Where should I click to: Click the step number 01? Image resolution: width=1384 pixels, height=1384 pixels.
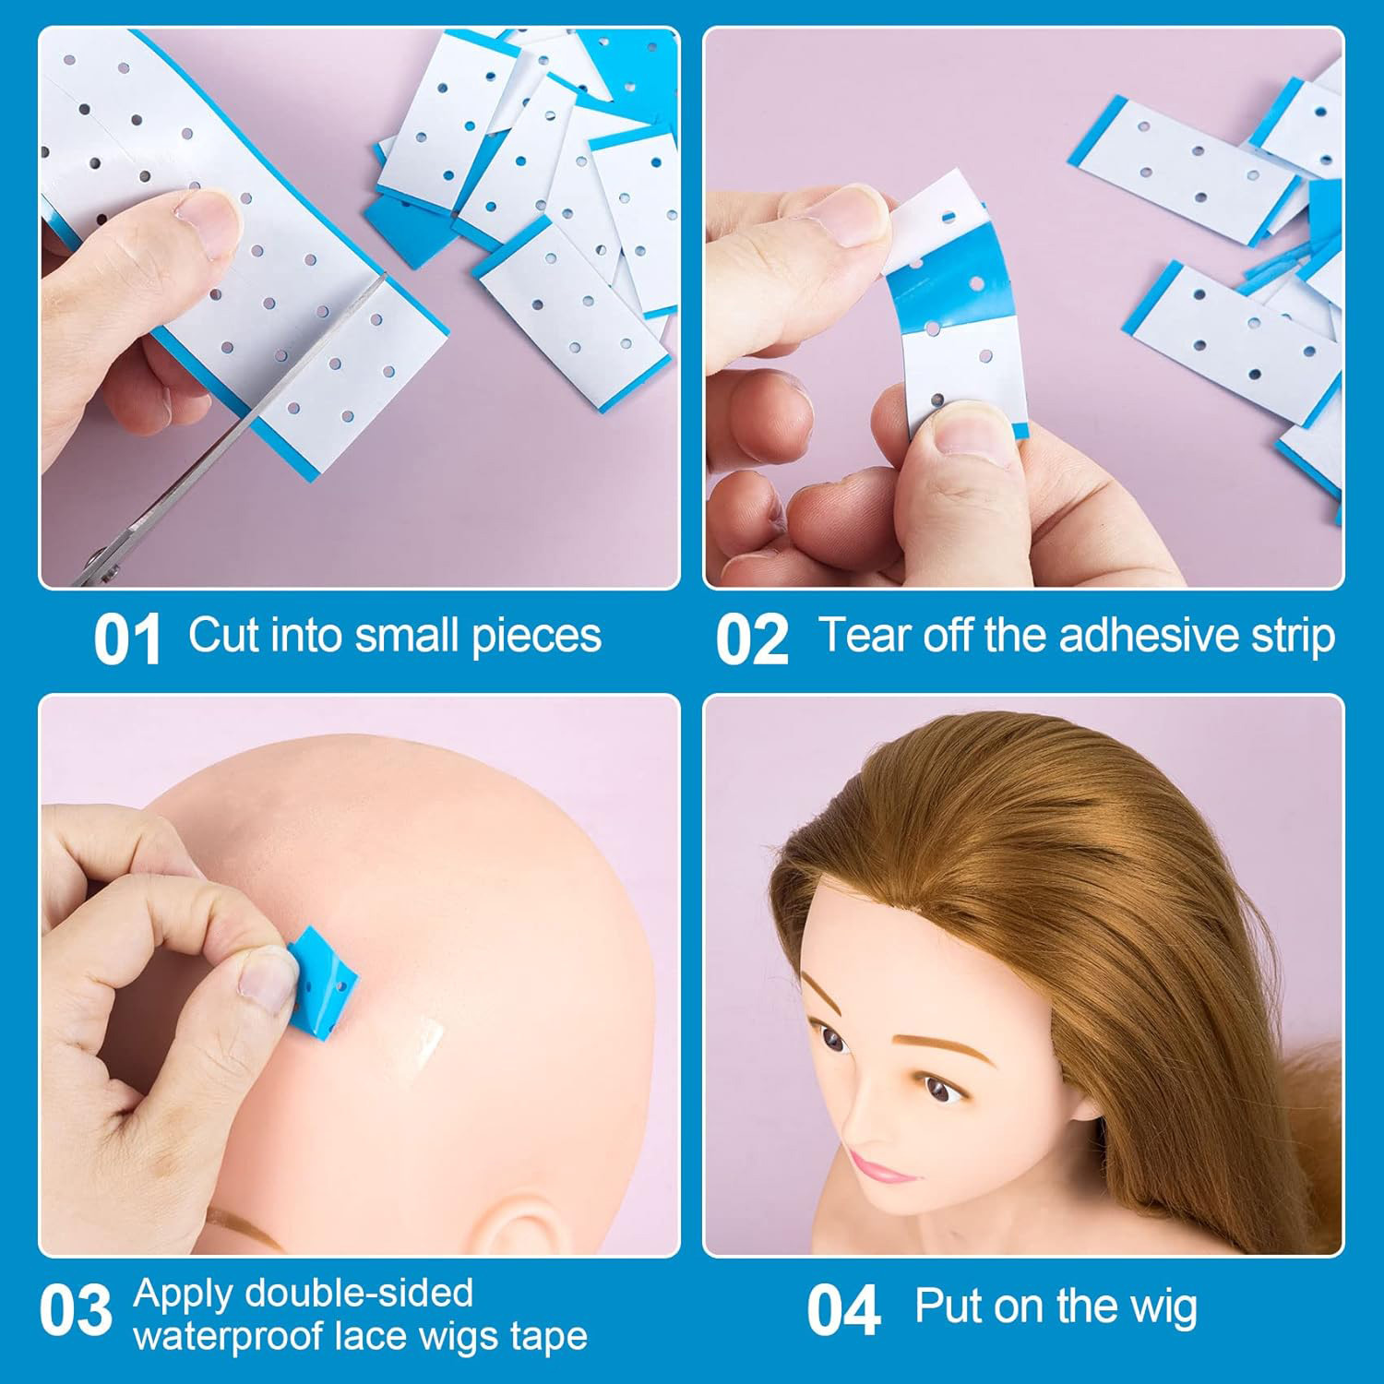pos(127,639)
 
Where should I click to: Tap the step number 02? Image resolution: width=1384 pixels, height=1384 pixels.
pos(752,639)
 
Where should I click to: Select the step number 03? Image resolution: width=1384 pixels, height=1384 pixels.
pos(76,1311)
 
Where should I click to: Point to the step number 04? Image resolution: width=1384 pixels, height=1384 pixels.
pos(843,1311)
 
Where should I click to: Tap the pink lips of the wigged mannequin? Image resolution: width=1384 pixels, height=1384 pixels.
pos(878,1167)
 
